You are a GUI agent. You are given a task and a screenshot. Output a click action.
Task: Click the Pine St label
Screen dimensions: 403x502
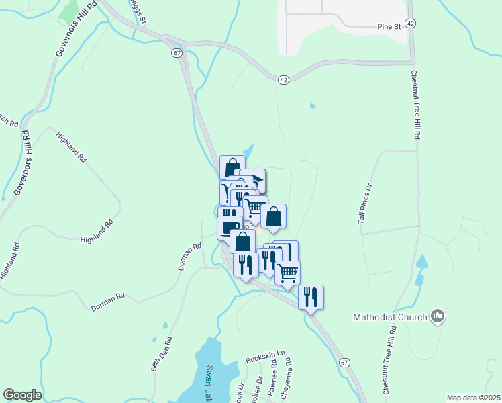point(388,26)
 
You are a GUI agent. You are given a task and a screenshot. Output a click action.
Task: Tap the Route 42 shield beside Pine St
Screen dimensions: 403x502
point(411,23)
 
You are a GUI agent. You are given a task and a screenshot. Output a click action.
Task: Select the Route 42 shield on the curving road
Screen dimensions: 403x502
point(284,79)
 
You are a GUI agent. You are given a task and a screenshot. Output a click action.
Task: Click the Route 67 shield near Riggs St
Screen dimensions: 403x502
point(177,53)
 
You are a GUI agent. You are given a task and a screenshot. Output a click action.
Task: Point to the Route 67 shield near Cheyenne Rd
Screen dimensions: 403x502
point(344,363)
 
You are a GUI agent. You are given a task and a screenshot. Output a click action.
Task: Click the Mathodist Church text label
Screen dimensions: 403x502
point(391,316)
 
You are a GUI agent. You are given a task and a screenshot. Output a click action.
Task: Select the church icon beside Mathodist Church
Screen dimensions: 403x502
point(438,315)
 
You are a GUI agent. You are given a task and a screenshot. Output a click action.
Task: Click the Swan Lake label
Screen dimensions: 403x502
point(209,382)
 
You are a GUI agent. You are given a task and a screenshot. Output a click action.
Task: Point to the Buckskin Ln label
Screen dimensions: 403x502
point(266,353)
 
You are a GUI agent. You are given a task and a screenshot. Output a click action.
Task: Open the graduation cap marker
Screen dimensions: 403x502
point(254,180)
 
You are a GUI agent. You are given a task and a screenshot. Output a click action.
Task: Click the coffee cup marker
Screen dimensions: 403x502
point(230,226)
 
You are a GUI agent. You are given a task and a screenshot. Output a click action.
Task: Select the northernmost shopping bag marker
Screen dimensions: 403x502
point(232,167)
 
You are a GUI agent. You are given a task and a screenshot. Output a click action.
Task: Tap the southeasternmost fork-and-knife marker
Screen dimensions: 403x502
point(311,296)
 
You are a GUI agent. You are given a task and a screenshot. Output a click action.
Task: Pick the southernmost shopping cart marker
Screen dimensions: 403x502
point(287,273)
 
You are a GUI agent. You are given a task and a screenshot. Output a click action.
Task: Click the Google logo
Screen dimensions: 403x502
point(22,395)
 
